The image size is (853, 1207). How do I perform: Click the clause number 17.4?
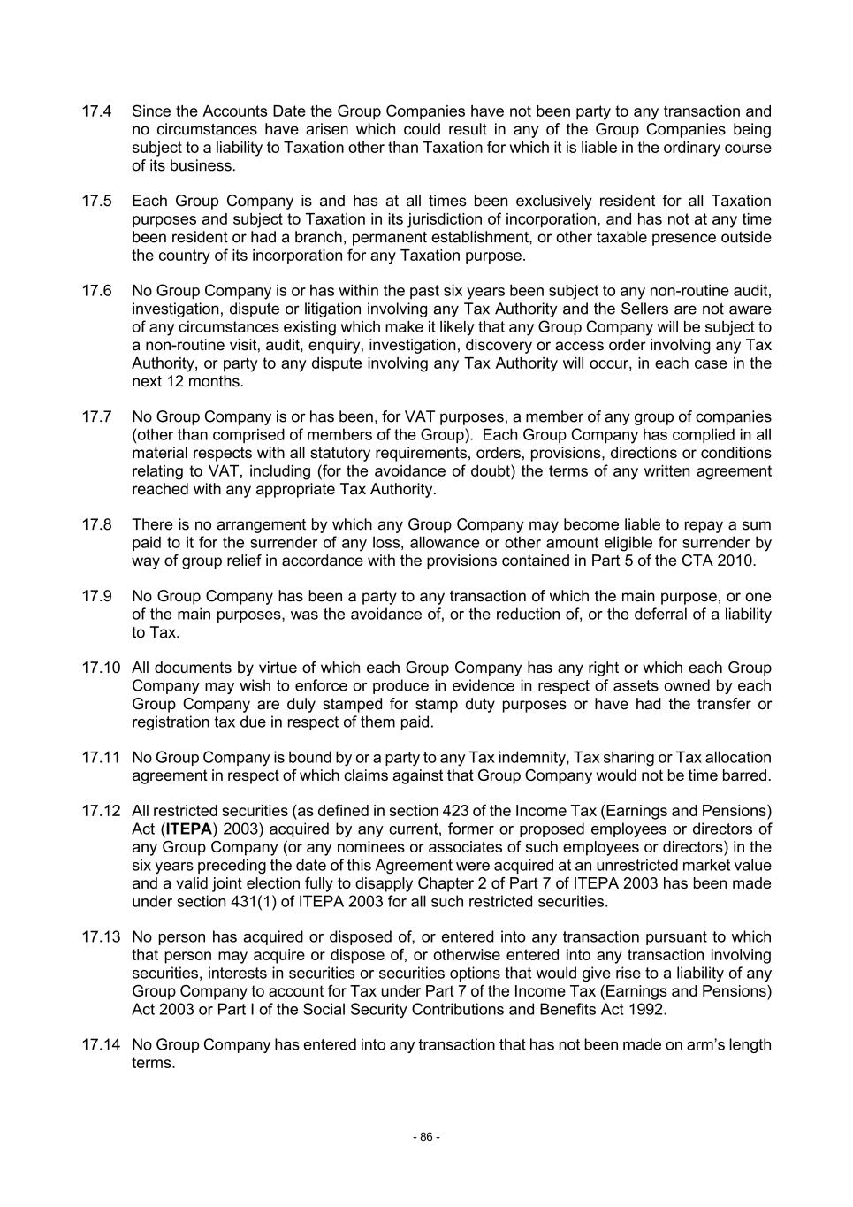[x=96, y=111]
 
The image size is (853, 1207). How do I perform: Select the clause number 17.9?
[x=96, y=596]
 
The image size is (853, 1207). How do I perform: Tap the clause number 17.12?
[x=100, y=811]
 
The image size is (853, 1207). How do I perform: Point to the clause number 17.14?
[x=100, y=1044]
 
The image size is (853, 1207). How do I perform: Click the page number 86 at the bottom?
[x=426, y=1137]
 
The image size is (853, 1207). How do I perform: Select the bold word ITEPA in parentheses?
[x=189, y=829]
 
